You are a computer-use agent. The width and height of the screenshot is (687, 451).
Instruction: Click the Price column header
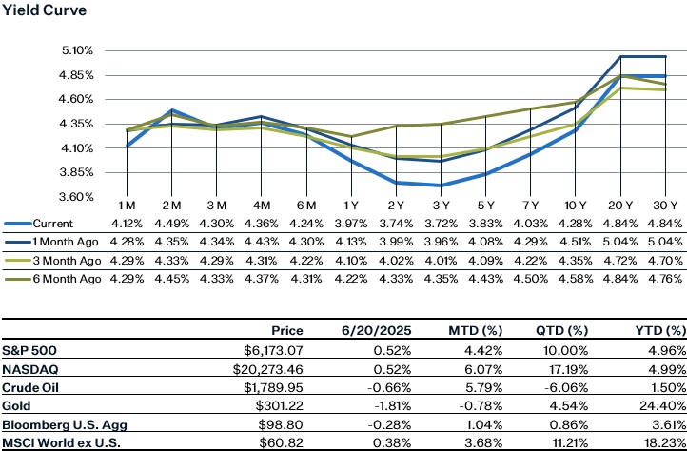coord(287,331)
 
